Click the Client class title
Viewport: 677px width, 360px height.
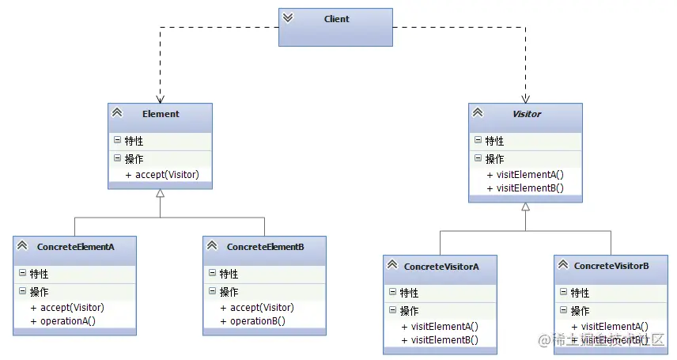(336, 18)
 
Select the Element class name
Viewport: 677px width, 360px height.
(161, 113)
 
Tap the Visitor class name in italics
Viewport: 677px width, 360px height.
(527, 114)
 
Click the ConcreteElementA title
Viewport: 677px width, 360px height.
(76, 247)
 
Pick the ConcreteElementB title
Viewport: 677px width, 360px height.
(266, 247)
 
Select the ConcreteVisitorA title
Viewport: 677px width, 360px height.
(441, 267)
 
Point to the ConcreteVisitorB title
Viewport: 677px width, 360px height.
(611, 266)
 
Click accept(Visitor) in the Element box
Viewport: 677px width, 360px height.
(165, 174)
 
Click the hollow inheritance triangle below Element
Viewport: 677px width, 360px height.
(161, 193)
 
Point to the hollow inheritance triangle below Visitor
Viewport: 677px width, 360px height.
(525, 207)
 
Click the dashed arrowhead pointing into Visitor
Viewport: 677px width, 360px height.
(525, 98)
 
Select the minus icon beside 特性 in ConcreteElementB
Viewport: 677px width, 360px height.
(213, 274)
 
